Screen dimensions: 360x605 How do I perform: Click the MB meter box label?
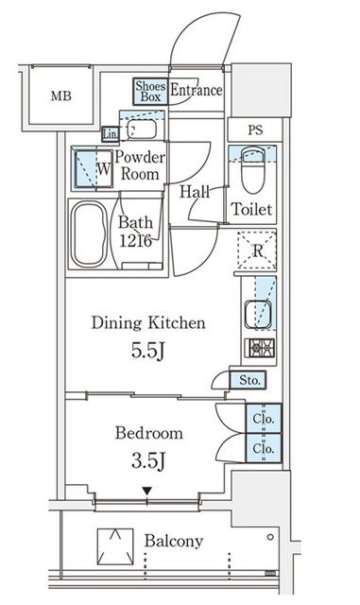point(61,95)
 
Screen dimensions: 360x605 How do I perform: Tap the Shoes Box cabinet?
point(150,92)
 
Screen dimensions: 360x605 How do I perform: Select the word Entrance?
point(197,91)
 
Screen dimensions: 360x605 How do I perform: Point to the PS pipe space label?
point(255,130)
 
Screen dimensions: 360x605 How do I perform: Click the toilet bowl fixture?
point(253,169)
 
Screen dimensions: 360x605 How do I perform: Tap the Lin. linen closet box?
point(111,134)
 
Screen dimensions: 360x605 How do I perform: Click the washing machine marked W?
point(93,168)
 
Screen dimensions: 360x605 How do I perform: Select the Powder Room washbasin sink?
point(142,130)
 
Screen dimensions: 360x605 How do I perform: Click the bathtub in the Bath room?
point(90,233)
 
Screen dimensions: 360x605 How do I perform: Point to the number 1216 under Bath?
point(135,241)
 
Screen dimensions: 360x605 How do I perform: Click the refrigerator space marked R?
point(257,250)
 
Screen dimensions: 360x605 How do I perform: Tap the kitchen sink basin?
point(258,315)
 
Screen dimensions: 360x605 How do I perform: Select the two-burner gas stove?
point(260,348)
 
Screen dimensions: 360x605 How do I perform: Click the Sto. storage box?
point(248,380)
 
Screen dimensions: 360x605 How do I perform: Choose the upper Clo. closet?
point(264,418)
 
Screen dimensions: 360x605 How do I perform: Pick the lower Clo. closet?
point(264,448)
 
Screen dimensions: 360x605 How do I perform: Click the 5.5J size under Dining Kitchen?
point(148,351)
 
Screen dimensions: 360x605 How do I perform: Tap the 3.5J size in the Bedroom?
point(148,460)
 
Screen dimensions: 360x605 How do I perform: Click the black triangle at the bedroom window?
point(147,491)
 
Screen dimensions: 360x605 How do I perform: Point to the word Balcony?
point(174,542)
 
